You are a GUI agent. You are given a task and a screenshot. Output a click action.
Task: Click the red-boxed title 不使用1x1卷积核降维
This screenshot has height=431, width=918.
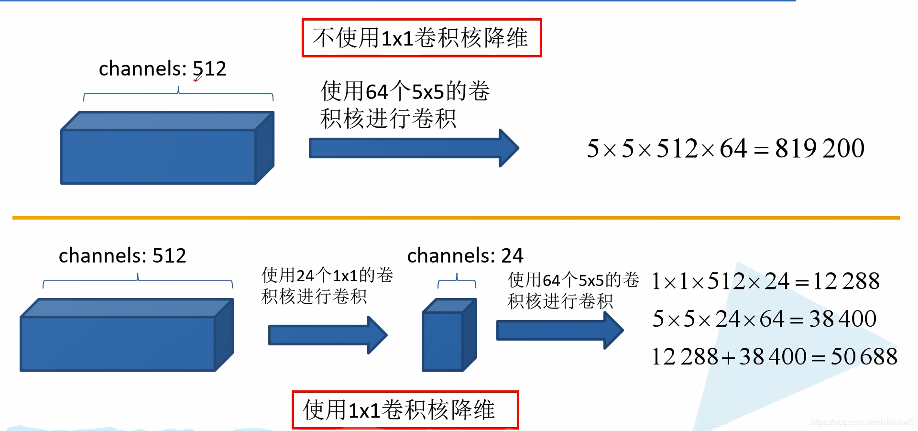[x=421, y=38]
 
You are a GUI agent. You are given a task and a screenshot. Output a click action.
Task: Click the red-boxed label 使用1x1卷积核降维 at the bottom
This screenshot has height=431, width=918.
[x=404, y=410]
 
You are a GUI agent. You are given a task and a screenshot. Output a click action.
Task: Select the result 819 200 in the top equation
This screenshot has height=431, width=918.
[x=820, y=148]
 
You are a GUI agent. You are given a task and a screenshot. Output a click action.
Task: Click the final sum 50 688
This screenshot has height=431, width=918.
[x=864, y=357]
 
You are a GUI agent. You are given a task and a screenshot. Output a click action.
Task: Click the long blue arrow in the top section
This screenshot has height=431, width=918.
[x=413, y=148]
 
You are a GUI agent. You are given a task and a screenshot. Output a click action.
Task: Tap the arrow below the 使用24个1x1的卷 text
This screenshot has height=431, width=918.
[x=327, y=335]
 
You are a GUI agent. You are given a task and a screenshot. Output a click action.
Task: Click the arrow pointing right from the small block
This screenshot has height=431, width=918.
[x=559, y=330]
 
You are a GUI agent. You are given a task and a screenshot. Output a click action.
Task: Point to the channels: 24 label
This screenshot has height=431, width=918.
[x=465, y=255]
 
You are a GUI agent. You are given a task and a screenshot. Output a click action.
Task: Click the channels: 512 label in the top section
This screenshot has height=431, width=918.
[x=162, y=69]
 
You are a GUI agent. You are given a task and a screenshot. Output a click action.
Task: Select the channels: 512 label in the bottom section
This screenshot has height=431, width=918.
[x=122, y=255]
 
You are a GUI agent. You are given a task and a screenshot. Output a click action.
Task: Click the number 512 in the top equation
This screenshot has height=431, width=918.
[x=677, y=148]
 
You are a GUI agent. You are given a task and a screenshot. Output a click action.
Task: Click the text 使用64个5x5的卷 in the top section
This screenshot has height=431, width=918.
[x=404, y=91]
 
